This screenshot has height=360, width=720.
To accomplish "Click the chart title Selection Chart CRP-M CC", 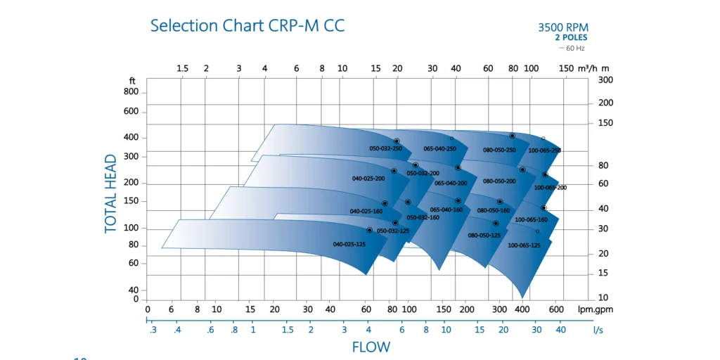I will [x=247, y=26].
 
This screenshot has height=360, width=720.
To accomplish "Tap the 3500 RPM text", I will [x=562, y=27].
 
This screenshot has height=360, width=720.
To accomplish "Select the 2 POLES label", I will [x=571, y=37].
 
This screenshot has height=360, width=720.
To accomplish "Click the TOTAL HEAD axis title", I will [x=111, y=193].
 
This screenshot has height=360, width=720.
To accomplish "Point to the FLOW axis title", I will [x=371, y=347].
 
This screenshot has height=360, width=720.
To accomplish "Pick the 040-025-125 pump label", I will [x=349, y=244].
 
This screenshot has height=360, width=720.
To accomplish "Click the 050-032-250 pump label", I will [x=386, y=149].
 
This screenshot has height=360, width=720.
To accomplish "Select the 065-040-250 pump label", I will [x=439, y=149].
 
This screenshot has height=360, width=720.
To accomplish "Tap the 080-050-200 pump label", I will [x=499, y=181].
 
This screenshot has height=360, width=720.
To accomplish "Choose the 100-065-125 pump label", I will [x=524, y=245].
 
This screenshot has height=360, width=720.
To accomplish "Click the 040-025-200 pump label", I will [x=368, y=179].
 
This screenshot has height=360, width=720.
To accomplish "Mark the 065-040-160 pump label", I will [x=446, y=210].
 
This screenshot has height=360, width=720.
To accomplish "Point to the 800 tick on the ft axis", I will [x=131, y=92].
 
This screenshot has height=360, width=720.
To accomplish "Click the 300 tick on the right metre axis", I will [x=605, y=80].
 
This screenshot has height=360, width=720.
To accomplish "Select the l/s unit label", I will [x=598, y=330].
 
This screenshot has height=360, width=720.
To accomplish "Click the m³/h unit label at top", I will [x=588, y=68].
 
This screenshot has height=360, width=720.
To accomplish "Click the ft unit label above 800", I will [x=132, y=81].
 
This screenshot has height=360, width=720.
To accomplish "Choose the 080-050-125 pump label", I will [x=484, y=236].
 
